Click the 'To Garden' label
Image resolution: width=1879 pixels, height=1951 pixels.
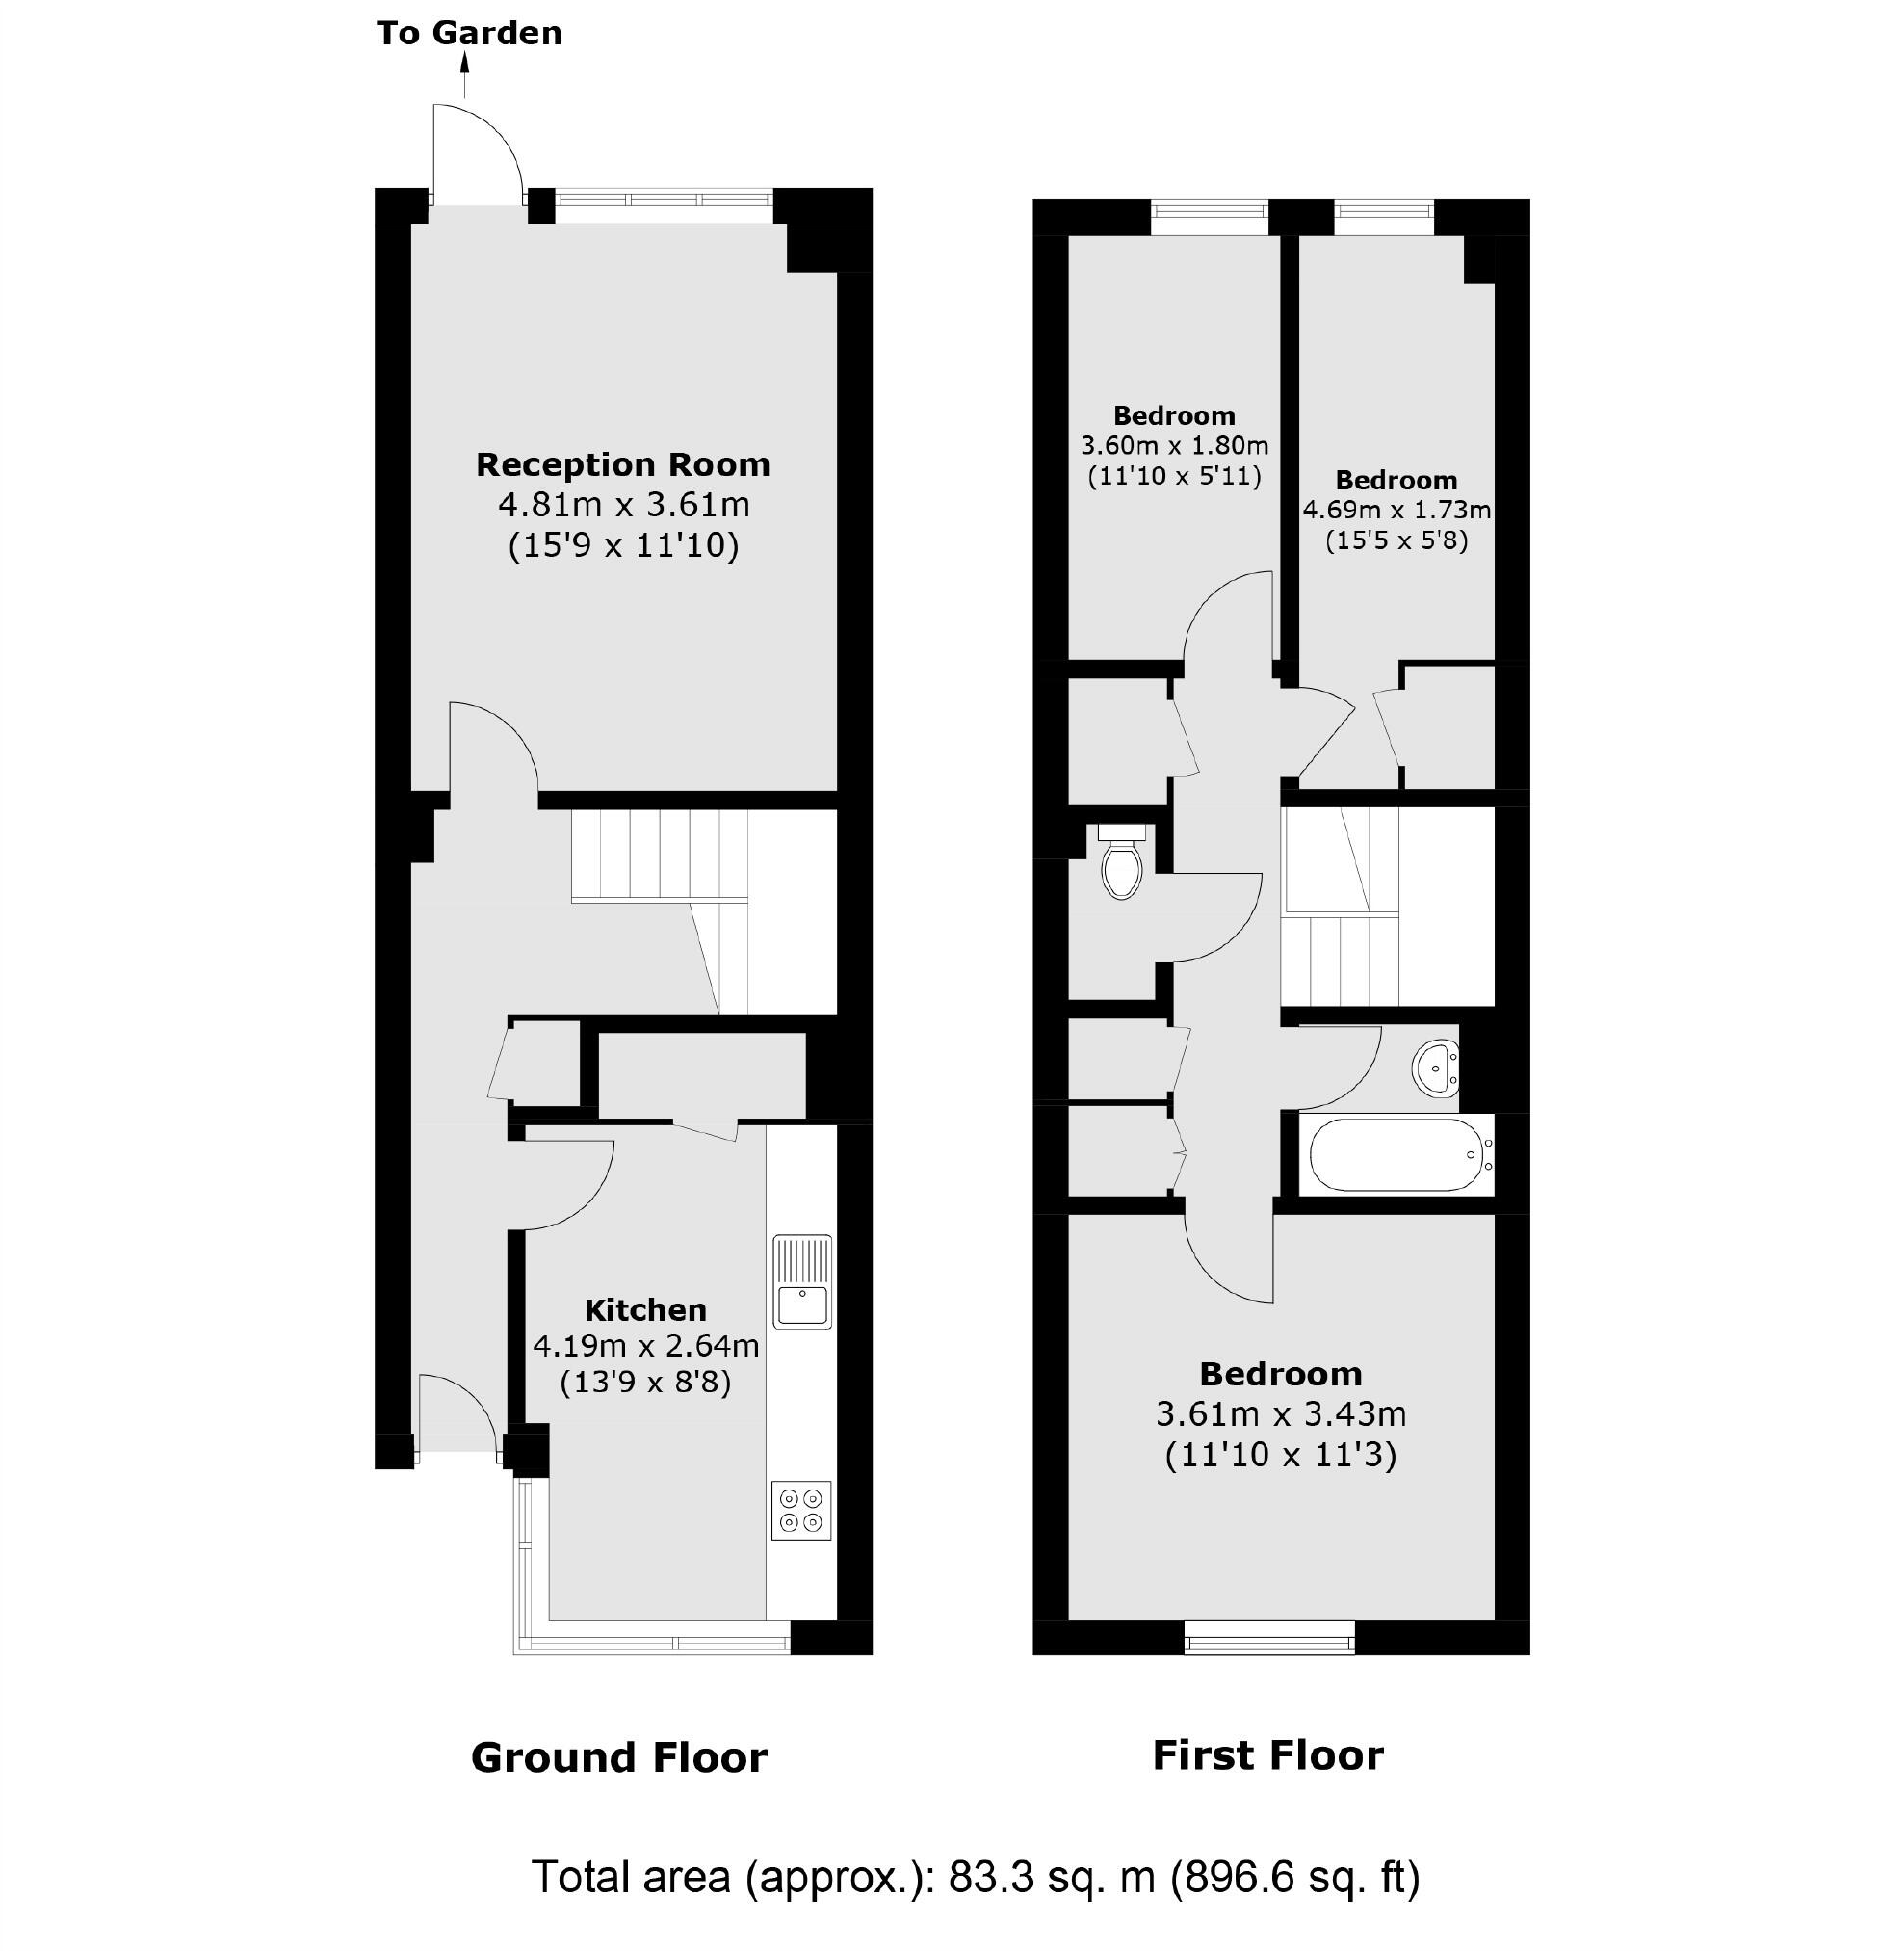click(469, 33)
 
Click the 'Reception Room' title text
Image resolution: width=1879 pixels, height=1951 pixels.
click(622, 464)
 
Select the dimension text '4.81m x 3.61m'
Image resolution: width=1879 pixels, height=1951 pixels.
click(624, 505)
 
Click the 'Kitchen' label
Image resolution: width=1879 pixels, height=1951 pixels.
click(645, 1310)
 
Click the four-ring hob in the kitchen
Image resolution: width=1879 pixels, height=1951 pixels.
click(801, 1510)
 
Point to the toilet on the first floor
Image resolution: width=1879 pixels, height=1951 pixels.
click(1122, 863)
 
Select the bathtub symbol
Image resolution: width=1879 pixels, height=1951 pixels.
click(1396, 1154)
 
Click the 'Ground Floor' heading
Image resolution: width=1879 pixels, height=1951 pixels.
click(619, 1758)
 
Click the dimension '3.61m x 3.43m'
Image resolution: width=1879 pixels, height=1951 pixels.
click(1281, 1413)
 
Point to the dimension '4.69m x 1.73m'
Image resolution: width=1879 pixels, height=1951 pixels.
click(1396, 511)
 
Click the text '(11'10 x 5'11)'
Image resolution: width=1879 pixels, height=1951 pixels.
click(1174, 476)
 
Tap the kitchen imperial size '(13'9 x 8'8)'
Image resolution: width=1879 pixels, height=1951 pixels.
click(645, 1382)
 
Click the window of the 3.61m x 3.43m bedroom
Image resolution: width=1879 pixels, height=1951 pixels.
click(1270, 1638)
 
